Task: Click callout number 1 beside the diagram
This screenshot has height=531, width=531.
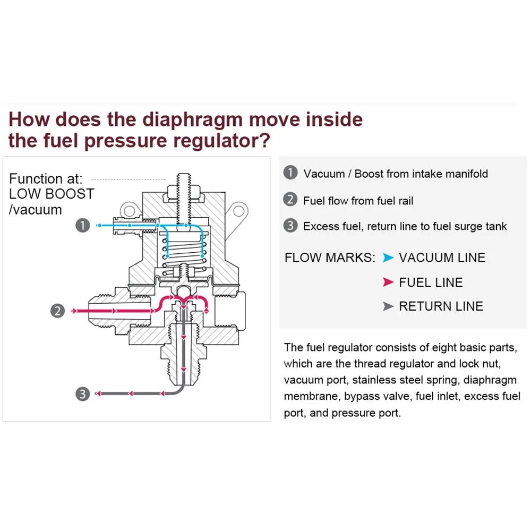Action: (83, 226)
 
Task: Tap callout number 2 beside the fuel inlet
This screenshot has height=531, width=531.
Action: (58, 311)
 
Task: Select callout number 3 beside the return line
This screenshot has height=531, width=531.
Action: (83, 393)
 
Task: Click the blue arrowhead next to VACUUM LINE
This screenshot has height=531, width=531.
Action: (388, 258)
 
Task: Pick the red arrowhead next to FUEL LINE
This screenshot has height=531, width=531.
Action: (388, 282)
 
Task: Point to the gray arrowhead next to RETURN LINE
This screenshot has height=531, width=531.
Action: (388, 306)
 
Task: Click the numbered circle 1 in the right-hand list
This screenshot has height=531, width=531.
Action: (290, 173)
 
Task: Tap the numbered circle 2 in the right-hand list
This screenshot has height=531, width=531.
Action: (290, 200)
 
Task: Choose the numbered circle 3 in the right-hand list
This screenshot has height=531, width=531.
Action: (290, 226)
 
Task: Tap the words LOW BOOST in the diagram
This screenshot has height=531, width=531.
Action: (52, 194)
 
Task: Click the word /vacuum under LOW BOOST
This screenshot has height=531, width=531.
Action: (36, 210)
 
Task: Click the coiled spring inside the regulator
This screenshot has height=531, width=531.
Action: (183, 250)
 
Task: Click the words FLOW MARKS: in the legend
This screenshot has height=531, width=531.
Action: (330, 258)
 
